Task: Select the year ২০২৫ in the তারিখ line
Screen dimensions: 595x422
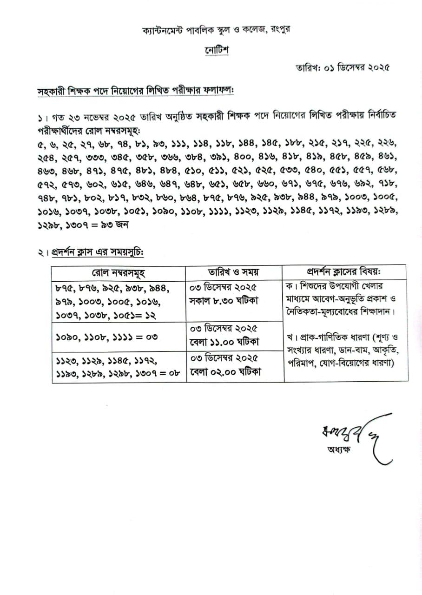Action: coord(376,67)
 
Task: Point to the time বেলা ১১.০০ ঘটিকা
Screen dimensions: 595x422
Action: coord(224,343)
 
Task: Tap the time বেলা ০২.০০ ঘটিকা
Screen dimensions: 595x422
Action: coord(224,372)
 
